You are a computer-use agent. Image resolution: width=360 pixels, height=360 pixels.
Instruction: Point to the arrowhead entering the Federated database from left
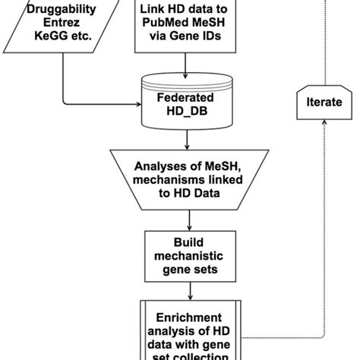click(140, 103)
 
